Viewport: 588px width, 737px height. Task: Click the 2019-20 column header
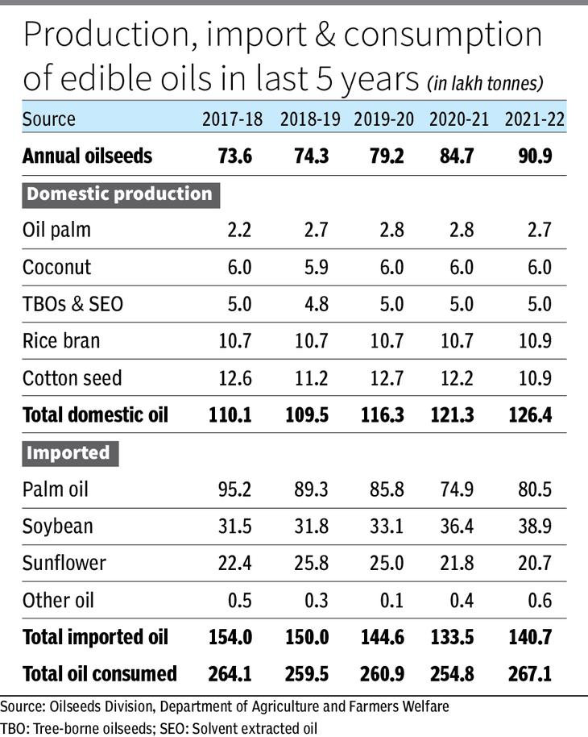[x=384, y=120]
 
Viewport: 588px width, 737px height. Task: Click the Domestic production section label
[x=119, y=194]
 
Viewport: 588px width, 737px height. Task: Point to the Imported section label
[x=68, y=453]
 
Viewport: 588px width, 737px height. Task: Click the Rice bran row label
[x=61, y=341]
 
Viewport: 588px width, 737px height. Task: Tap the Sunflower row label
[x=64, y=564]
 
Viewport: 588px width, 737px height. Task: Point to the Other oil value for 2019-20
[x=389, y=600]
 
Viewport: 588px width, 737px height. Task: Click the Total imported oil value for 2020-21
[x=459, y=637]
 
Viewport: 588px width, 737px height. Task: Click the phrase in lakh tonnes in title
[x=485, y=83]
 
